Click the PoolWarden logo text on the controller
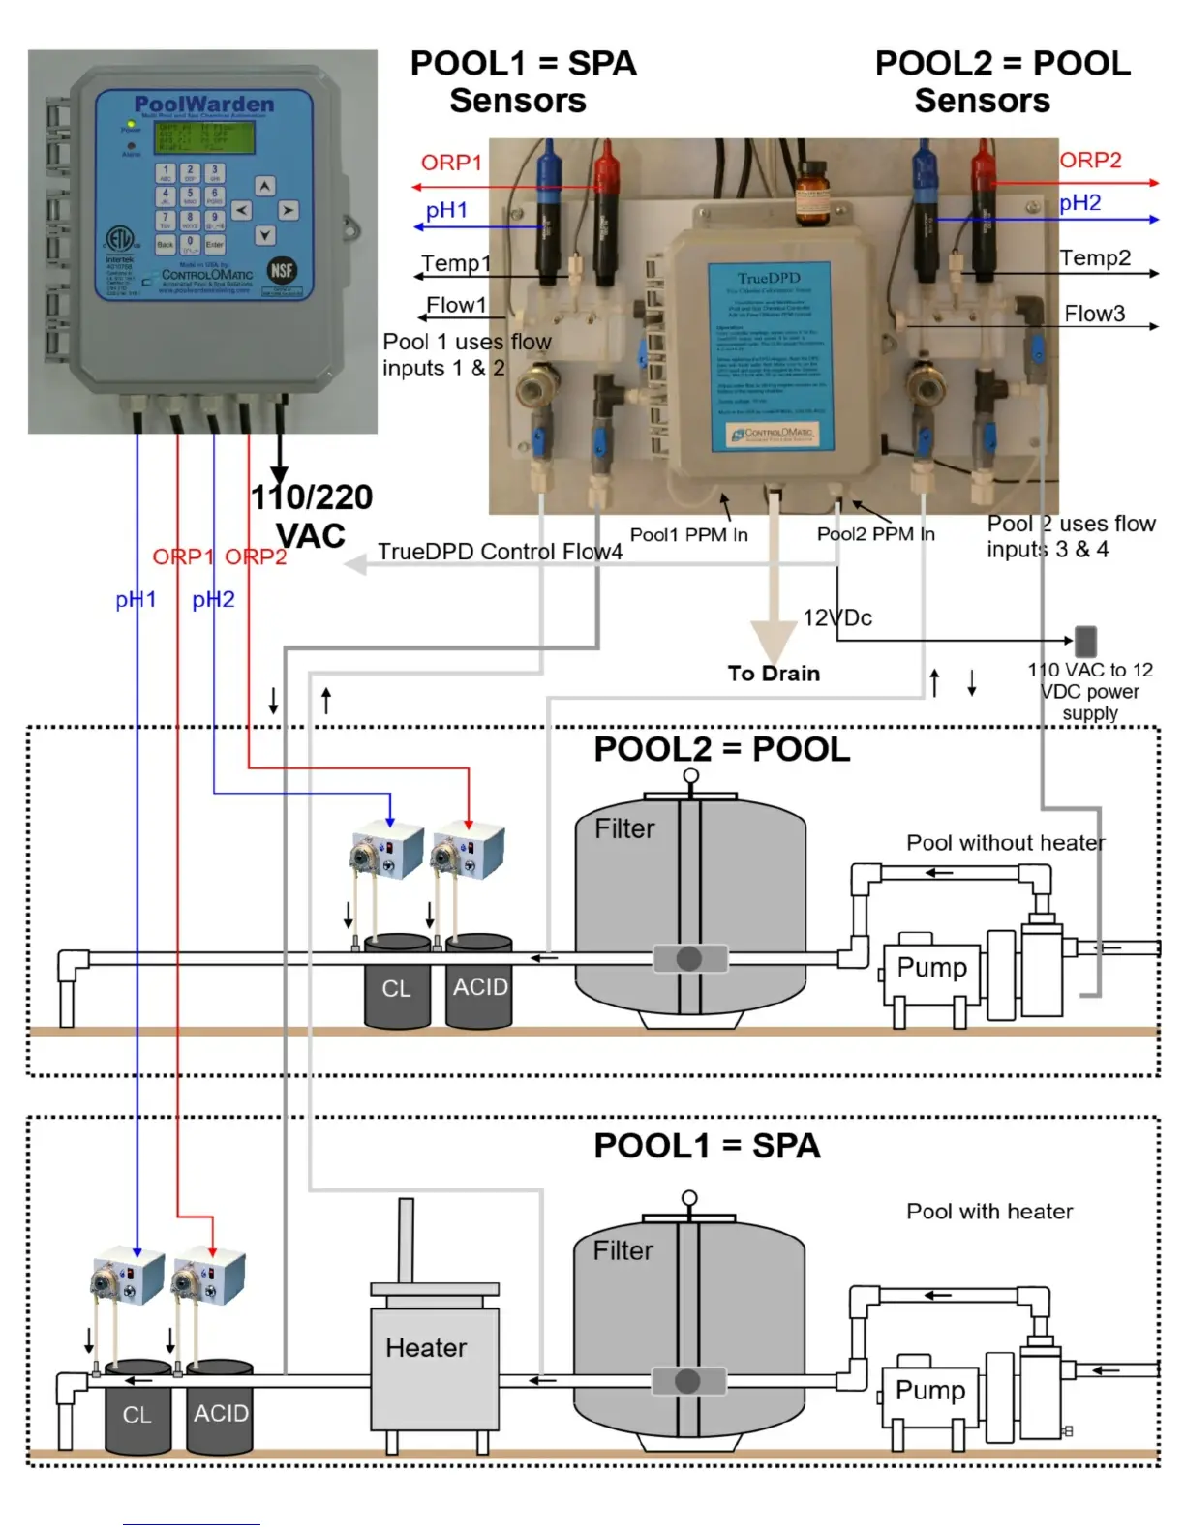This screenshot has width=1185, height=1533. [x=203, y=104]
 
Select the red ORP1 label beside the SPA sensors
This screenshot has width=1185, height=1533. [x=450, y=163]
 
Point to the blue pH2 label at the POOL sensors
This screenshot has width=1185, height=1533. [x=1079, y=203]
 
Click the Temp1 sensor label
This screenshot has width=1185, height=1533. [x=456, y=263]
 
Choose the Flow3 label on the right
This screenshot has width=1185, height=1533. [x=1094, y=314]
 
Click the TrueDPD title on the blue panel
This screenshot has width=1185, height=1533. [x=769, y=279]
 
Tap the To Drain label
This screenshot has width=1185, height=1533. [x=774, y=674]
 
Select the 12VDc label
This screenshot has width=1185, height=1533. [x=837, y=618]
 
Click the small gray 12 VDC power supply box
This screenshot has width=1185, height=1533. [x=1085, y=641]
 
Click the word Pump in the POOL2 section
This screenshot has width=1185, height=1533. [x=931, y=968]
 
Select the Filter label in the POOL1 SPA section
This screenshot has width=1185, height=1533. [x=623, y=1250]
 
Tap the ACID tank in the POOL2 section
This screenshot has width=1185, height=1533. [x=480, y=987]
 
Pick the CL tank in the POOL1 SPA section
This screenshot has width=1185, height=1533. [x=137, y=1414]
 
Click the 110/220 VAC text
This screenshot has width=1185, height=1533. [x=311, y=516]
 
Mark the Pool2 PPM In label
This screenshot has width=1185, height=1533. [x=875, y=534]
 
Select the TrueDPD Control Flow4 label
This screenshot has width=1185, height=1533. [x=500, y=552]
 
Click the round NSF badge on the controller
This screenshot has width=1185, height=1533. [x=282, y=271]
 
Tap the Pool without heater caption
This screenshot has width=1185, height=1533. [x=1005, y=843]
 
